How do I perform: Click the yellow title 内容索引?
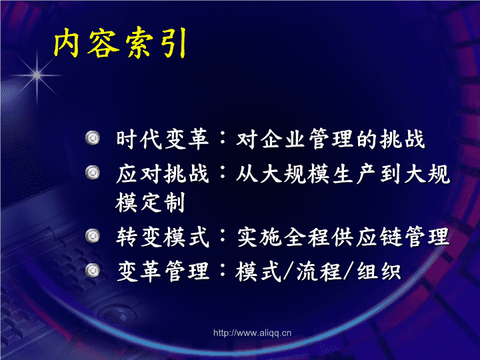point(120,43)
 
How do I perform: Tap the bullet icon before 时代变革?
point(93,138)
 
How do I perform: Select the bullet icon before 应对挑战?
point(93,173)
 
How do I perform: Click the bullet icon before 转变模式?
point(93,236)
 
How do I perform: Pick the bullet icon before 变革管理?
point(93,271)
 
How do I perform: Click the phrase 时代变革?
point(163,139)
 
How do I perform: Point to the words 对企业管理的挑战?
point(331,139)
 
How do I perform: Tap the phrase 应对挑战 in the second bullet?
point(163,173)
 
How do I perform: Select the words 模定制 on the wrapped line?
point(150,203)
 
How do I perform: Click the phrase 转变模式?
point(163,237)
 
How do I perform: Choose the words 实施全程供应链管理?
point(343,237)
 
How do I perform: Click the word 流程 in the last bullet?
point(319,271)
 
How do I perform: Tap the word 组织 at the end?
point(379,271)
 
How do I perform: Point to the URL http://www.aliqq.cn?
point(252,333)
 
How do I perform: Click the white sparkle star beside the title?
point(37,75)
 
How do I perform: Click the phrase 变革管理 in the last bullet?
point(163,271)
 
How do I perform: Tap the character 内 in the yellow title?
point(67,43)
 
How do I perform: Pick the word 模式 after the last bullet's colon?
point(258,271)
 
